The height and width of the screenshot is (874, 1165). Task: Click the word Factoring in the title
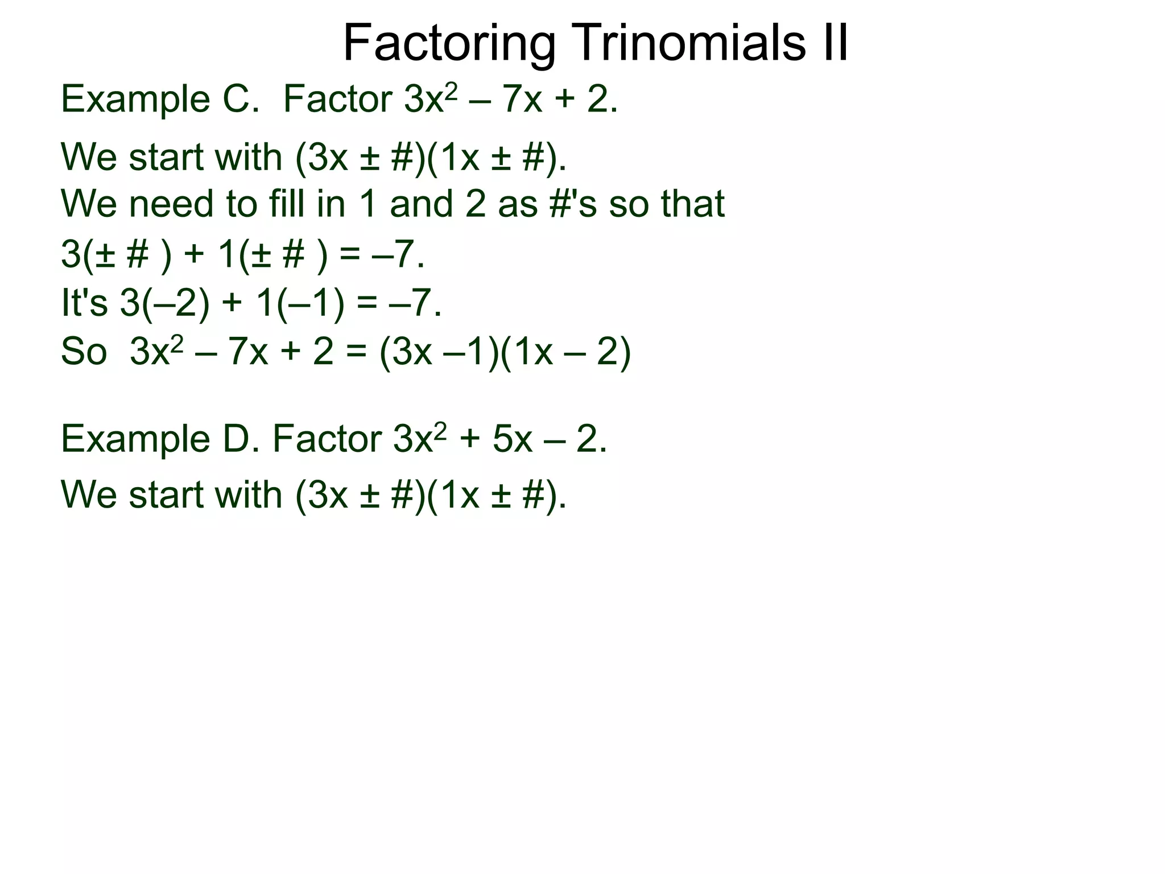coord(449,44)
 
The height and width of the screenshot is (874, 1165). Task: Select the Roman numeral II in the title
coord(833,43)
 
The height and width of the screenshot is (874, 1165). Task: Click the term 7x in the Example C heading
coord(523,99)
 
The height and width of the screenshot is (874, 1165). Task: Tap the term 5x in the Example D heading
coord(512,439)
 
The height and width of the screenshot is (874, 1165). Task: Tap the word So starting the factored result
coord(84,351)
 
